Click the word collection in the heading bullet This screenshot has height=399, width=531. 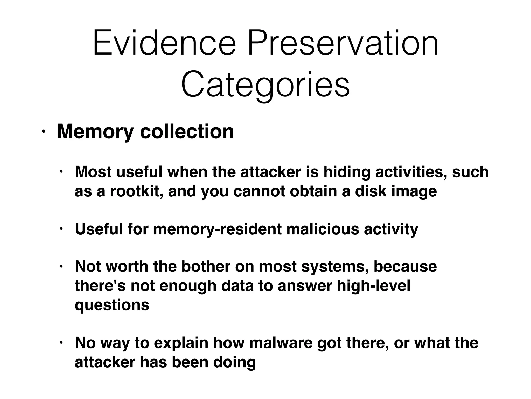point(187,131)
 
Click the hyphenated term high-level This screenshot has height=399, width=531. point(374,286)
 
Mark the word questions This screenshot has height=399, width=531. point(112,305)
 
